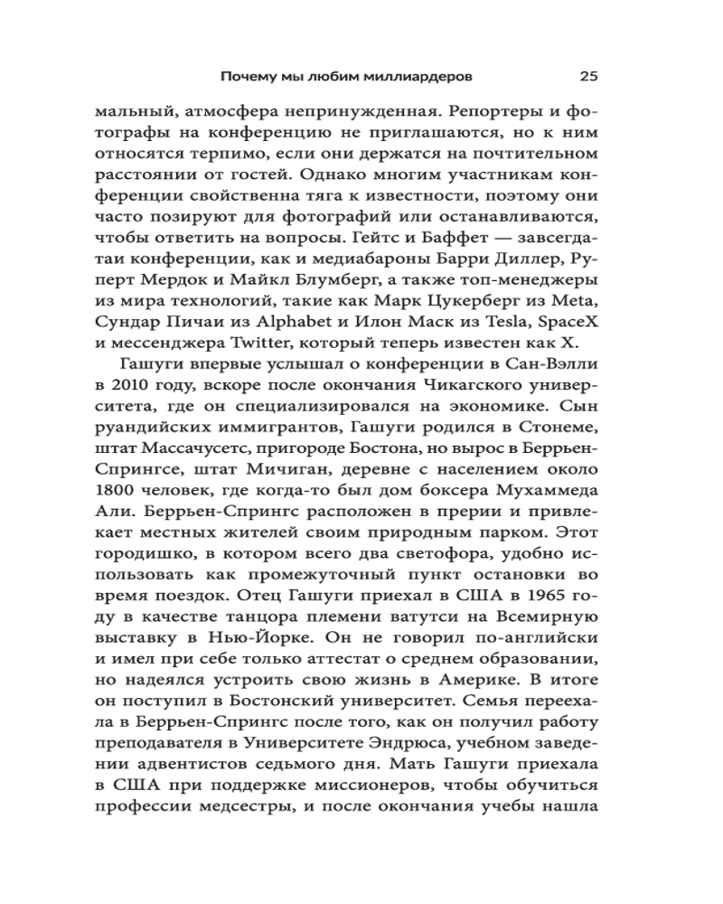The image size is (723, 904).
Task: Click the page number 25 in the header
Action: click(587, 75)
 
